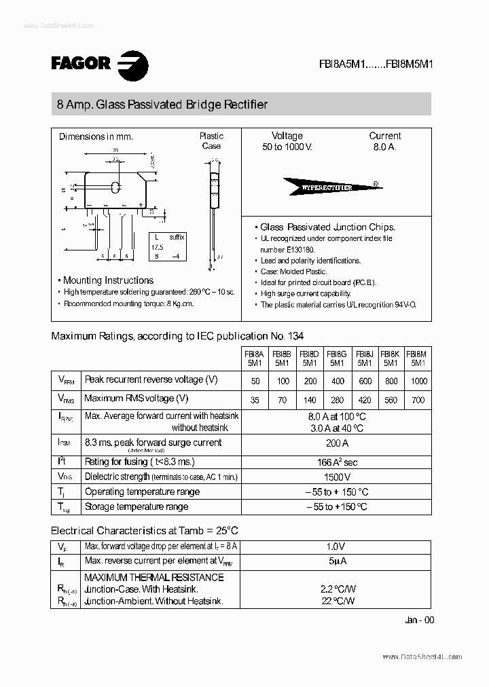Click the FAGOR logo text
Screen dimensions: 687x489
(80, 63)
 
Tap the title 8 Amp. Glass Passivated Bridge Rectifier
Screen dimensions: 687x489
(162, 105)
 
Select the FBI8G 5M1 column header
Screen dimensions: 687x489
(336, 358)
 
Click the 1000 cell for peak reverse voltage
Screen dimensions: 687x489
(419, 382)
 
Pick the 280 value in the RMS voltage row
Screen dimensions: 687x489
(336, 400)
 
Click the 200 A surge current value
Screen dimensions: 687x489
(336, 443)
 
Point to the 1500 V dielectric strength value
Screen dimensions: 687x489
(336, 477)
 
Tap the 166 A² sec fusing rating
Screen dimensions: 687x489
(336, 462)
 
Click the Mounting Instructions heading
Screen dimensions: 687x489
(108, 280)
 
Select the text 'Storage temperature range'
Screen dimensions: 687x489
(136, 506)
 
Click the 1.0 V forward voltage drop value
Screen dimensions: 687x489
(336, 546)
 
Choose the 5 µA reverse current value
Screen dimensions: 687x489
(336, 561)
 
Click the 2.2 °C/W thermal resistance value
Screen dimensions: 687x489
(336, 589)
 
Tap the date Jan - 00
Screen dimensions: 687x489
(418, 620)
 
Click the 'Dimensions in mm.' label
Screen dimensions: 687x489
(96, 136)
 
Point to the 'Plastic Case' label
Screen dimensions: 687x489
(211, 141)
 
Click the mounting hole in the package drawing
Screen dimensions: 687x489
(116, 187)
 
